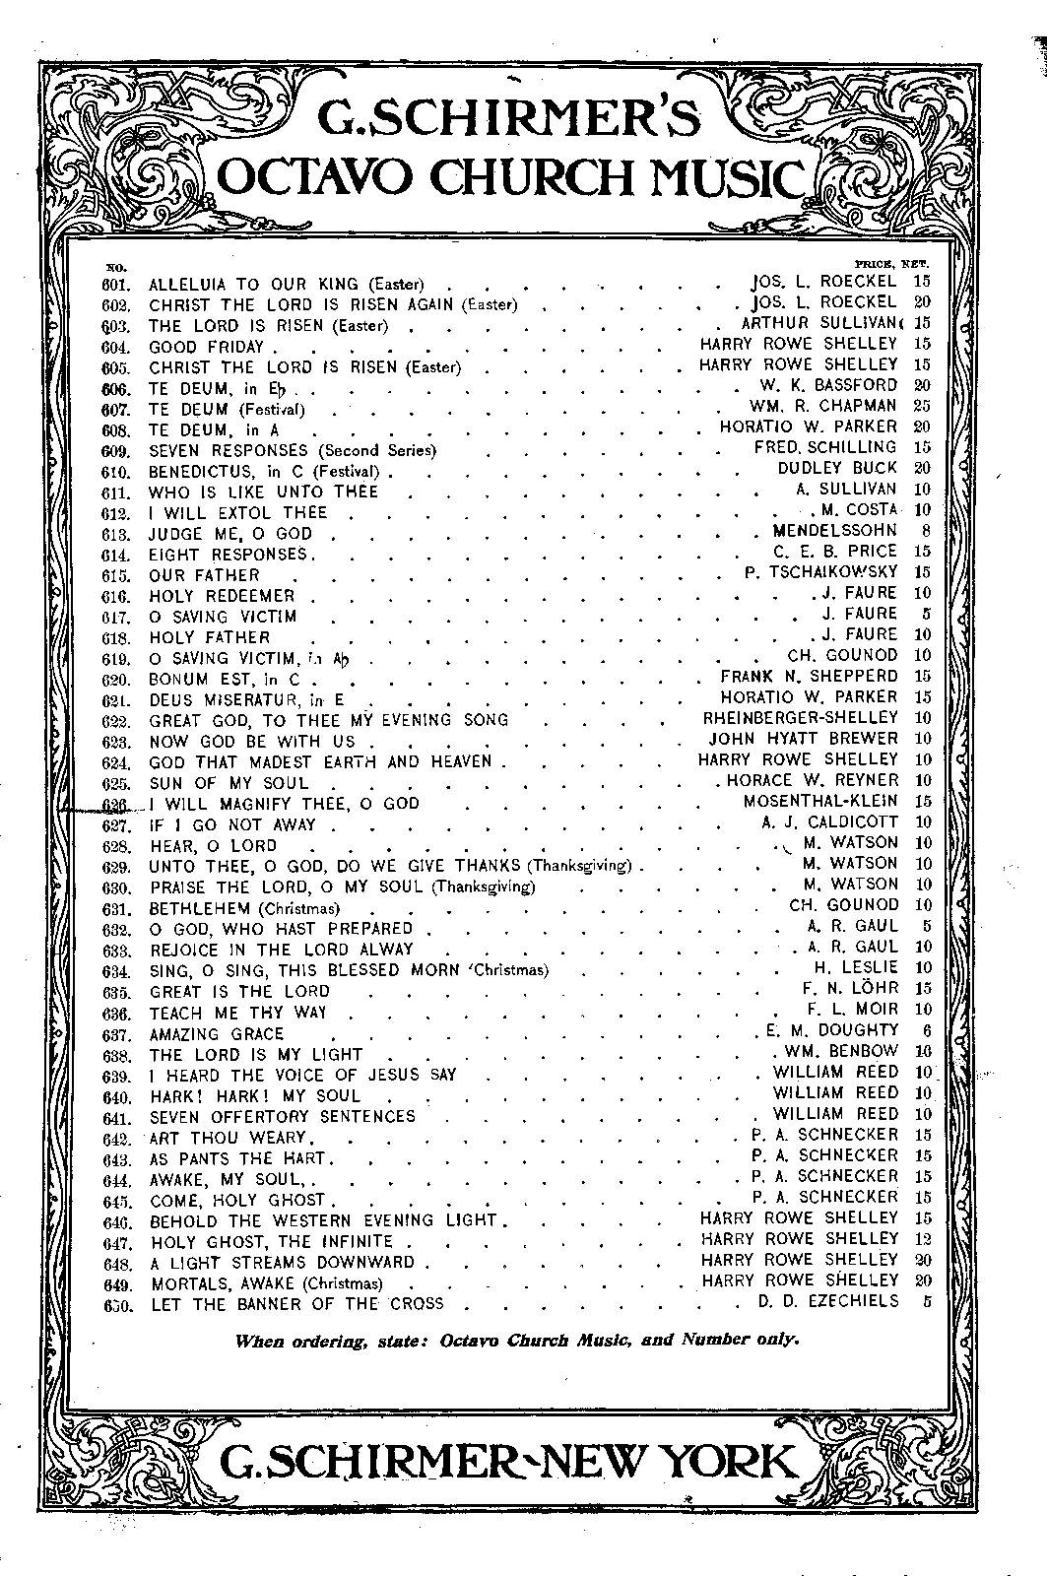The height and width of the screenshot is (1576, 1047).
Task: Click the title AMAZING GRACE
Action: click(216, 1033)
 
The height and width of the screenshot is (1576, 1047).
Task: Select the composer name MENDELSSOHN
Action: click(836, 532)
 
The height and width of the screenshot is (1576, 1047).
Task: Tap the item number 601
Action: click(116, 284)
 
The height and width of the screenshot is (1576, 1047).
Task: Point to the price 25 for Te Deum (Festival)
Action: click(921, 405)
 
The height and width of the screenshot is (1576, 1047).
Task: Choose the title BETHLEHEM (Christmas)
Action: click(244, 907)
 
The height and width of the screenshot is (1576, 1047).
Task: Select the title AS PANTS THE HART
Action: click(237, 1158)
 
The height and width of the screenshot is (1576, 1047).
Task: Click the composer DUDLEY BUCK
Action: click(837, 468)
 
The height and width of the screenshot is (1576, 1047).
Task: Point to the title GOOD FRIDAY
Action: click(207, 347)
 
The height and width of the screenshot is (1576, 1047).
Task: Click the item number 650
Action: click(116, 1303)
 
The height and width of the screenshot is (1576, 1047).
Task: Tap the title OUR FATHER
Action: click(204, 575)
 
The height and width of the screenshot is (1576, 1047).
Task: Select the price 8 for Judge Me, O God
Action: click(925, 532)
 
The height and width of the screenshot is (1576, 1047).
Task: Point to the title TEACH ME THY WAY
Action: click(237, 1013)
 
